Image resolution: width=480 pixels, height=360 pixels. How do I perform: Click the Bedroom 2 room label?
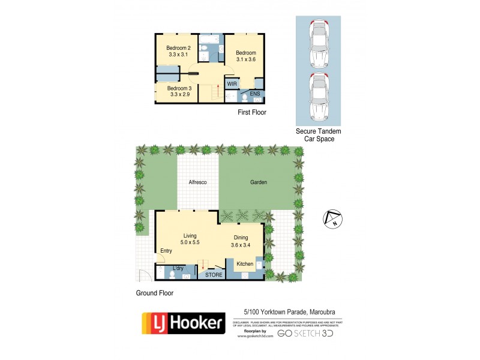point(178,48)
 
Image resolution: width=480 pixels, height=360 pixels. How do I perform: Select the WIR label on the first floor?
point(232,84)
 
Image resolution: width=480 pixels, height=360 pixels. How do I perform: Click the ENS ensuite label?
point(254,94)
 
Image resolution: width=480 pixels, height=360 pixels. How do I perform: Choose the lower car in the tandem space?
point(318,96)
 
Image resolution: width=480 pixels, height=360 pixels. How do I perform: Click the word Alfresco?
point(198,182)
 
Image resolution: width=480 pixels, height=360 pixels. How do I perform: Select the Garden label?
point(259,182)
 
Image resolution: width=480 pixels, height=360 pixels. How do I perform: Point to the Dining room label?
point(241,237)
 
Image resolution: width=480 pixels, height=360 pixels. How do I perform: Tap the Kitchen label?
point(245,264)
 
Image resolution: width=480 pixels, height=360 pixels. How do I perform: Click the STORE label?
point(214,275)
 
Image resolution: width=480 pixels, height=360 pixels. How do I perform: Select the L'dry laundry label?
point(178,268)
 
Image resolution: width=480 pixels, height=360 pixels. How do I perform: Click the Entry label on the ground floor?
point(166,251)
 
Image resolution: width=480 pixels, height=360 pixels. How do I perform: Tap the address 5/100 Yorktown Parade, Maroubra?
point(289,311)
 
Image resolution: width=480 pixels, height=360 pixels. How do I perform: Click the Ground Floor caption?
point(154,293)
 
